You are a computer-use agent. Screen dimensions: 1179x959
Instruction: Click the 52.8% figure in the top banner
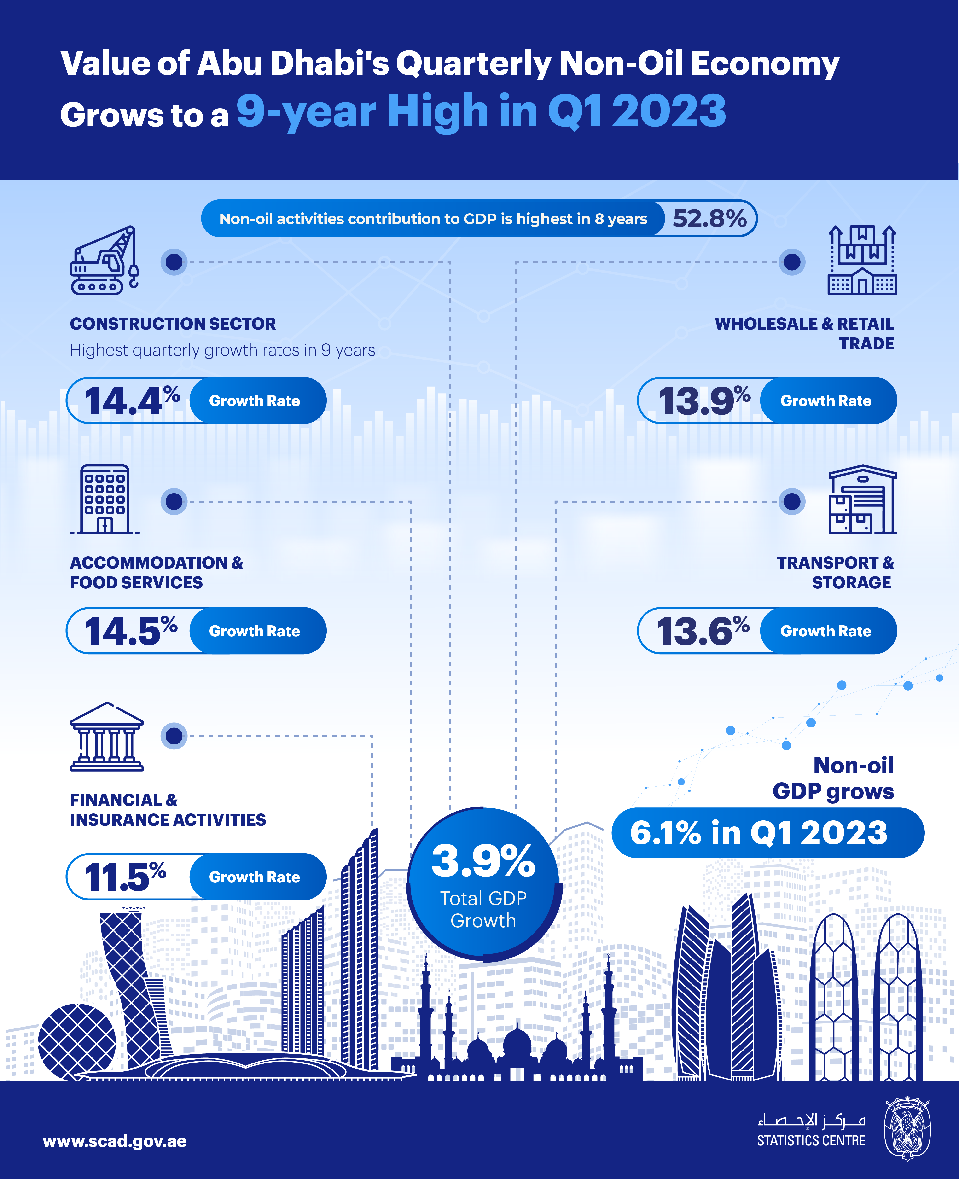(x=709, y=219)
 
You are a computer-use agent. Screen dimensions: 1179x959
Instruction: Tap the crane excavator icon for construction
(x=105, y=261)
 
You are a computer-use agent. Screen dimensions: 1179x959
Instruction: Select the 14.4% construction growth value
(x=132, y=401)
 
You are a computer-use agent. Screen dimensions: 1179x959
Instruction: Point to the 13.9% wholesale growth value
(x=703, y=401)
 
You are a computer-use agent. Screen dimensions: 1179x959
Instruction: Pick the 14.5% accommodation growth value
(x=130, y=631)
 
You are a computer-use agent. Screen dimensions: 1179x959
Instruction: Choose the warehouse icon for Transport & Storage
(x=862, y=500)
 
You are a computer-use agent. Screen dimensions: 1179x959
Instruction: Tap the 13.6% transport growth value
(x=702, y=631)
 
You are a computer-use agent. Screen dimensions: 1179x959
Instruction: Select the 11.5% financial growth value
(x=125, y=877)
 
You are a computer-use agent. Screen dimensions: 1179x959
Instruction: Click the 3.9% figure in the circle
(x=483, y=861)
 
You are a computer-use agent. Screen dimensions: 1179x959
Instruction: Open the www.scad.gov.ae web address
(x=114, y=1141)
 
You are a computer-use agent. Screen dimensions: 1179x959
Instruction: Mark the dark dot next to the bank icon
(x=174, y=736)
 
